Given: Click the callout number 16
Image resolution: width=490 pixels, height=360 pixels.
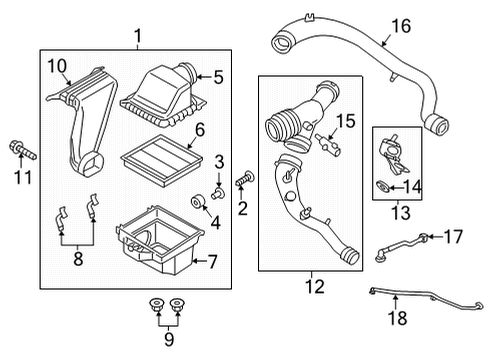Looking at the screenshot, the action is pyautogui.click(x=401, y=26).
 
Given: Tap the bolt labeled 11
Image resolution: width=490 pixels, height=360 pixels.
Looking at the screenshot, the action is pyautogui.click(x=23, y=150).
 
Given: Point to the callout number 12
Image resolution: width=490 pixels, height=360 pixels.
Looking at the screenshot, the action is pyautogui.click(x=315, y=286).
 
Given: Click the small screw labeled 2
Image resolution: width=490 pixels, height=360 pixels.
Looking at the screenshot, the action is pyautogui.click(x=245, y=179).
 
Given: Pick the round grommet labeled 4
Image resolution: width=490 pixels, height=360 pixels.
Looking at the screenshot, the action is pyautogui.click(x=197, y=202).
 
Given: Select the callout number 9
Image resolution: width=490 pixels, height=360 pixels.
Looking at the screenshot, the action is pyautogui.click(x=169, y=339).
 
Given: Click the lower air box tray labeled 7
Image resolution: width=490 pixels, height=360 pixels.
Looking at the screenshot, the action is pyautogui.click(x=160, y=240).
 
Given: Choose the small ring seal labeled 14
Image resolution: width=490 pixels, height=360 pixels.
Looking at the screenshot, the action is pyautogui.click(x=382, y=187).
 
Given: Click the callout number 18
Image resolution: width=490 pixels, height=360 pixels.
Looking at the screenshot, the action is pyautogui.click(x=398, y=318).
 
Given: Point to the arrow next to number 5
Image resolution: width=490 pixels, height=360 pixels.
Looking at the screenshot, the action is pyautogui.click(x=204, y=77).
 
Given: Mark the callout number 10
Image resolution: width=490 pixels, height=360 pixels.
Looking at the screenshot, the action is pyautogui.click(x=57, y=66).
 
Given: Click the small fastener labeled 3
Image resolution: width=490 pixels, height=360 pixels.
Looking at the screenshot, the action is pyautogui.click(x=218, y=193).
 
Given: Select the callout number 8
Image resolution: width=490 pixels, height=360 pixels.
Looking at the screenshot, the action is pyautogui.click(x=78, y=258).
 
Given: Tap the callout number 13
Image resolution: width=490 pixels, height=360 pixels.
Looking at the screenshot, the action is pyautogui.click(x=401, y=213).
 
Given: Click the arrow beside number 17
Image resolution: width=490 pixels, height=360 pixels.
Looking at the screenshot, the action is pyautogui.click(x=435, y=237).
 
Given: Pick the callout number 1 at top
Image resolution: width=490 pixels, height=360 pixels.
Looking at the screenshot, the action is pyautogui.click(x=138, y=36).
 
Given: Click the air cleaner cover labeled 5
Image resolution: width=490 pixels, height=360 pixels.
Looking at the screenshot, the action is pyautogui.click(x=163, y=96).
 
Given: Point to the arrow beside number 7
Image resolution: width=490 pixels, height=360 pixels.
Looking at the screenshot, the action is pyautogui.click(x=200, y=261).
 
